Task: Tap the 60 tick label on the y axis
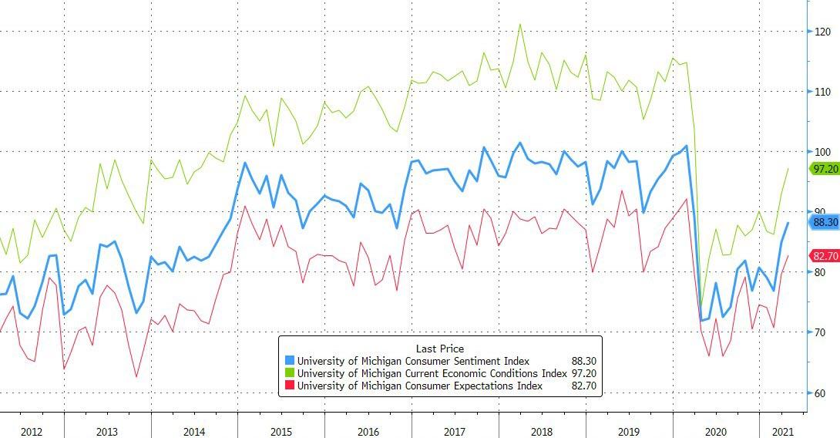[x=821, y=393]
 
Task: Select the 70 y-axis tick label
[x=821, y=332]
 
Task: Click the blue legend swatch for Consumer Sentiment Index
[x=290, y=361]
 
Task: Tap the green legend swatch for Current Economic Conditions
[x=290, y=373]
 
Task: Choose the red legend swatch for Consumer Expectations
[x=290, y=386]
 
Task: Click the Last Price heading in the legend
[x=440, y=349]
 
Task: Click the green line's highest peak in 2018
[x=520, y=24]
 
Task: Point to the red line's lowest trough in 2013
[x=136, y=376]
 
